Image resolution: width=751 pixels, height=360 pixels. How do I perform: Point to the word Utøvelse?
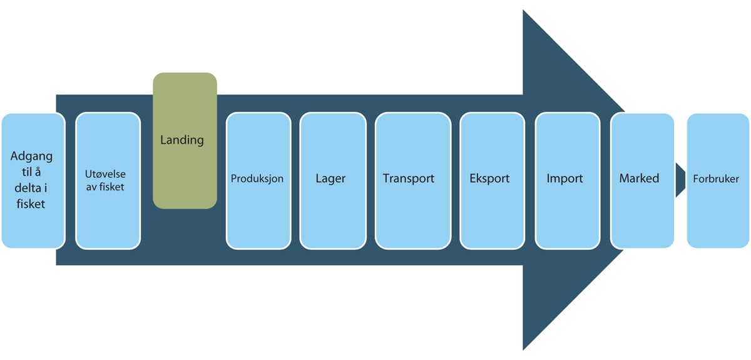[108, 173]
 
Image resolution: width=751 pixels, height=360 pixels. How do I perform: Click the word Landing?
[182, 140]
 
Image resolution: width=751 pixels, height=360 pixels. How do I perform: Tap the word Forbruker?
[716, 179]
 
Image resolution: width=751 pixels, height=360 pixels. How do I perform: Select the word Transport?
[409, 178]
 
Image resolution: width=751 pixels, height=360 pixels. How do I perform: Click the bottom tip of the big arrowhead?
[525, 347]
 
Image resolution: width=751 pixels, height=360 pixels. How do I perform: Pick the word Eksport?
[489, 178]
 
